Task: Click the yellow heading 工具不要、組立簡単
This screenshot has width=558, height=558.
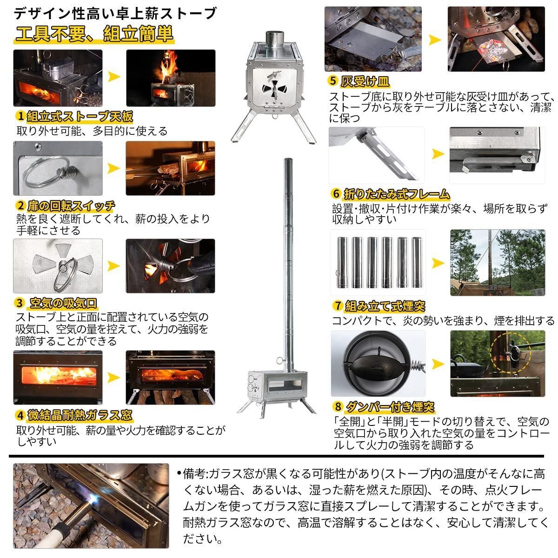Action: click(94, 34)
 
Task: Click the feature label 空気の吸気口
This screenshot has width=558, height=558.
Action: click(63, 304)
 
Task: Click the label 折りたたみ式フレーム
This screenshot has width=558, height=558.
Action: click(396, 194)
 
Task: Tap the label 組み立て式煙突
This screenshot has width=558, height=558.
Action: click(385, 306)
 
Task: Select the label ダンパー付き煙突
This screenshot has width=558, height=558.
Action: click(390, 407)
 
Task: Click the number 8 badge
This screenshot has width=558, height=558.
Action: click(338, 407)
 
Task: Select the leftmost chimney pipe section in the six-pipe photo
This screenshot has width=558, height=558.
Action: click(343, 262)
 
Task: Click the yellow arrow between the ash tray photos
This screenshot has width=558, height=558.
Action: click(435, 39)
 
